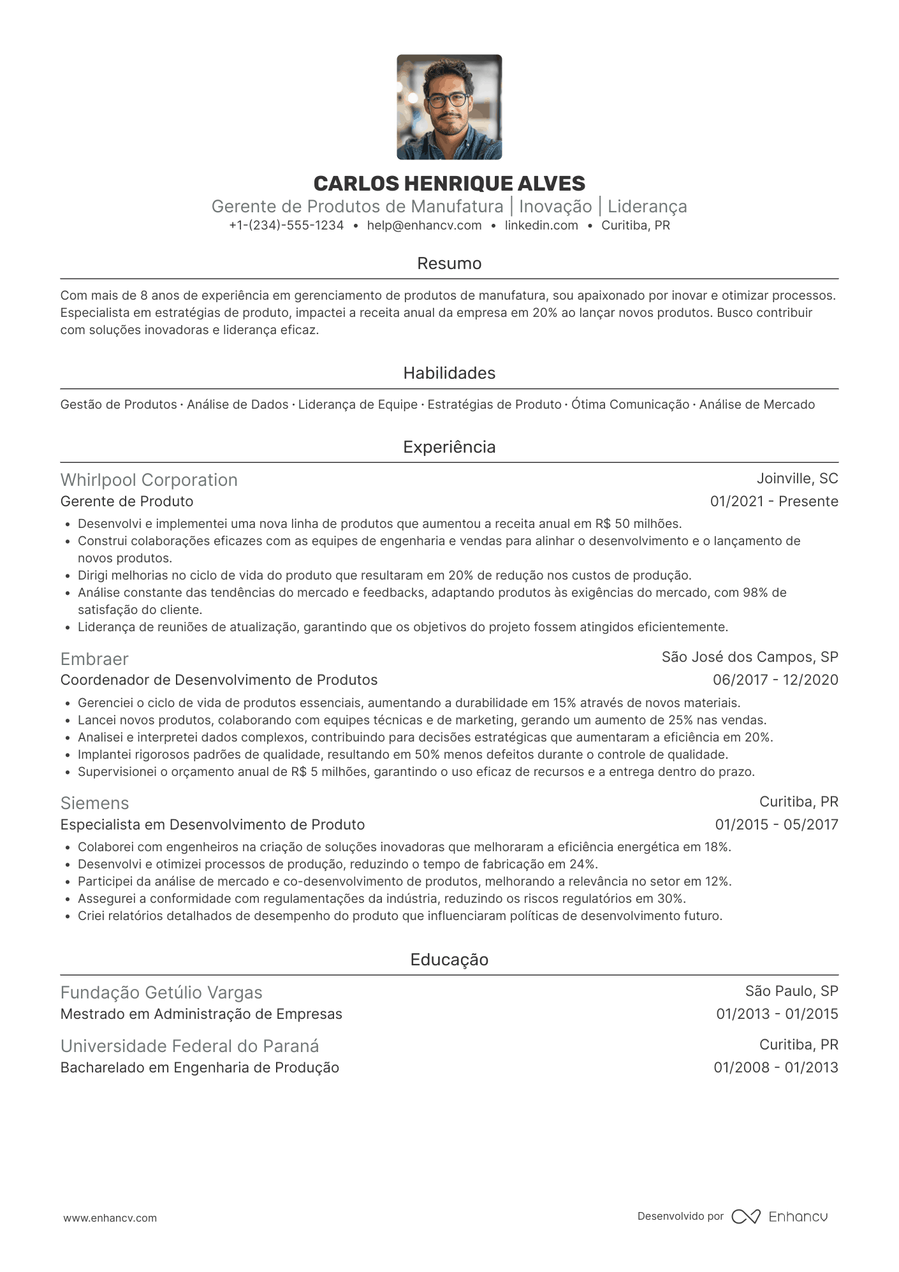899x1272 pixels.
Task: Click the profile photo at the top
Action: click(449, 107)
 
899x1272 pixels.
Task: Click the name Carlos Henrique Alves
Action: click(449, 184)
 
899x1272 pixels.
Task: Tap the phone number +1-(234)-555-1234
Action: click(286, 225)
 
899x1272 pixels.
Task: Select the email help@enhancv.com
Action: click(424, 225)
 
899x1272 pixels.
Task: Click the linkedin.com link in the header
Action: click(541, 225)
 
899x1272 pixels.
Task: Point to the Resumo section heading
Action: click(449, 263)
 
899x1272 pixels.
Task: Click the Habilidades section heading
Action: click(449, 373)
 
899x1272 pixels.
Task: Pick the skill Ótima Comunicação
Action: click(630, 404)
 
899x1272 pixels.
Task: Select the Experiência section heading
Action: click(449, 447)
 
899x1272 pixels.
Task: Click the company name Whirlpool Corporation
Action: click(149, 479)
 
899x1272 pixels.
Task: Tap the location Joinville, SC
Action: click(797, 479)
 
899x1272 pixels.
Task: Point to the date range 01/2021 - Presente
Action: click(774, 501)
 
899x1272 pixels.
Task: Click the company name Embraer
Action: click(94, 659)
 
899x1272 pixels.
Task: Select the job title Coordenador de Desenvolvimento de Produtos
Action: click(219, 680)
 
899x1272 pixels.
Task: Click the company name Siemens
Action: click(94, 803)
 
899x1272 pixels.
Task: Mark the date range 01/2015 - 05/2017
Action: click(776, 824)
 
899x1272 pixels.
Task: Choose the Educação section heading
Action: click(449, 960)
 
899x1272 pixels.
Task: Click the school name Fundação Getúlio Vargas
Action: click(161, 992)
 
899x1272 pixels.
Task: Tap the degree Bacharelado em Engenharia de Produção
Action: click(200, 1067)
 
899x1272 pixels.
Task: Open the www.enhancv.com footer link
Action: click(110, 1218)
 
